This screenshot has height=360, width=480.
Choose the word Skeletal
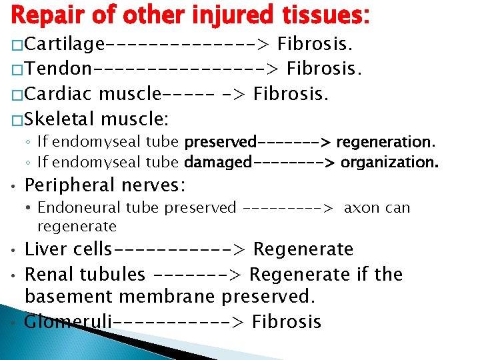61,119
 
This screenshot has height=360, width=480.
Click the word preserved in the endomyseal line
220,142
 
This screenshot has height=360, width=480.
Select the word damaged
218,162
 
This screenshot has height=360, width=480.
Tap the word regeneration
385,142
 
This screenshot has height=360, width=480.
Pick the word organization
390,162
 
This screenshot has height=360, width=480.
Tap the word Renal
47,274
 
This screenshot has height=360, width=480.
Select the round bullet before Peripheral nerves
14,185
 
